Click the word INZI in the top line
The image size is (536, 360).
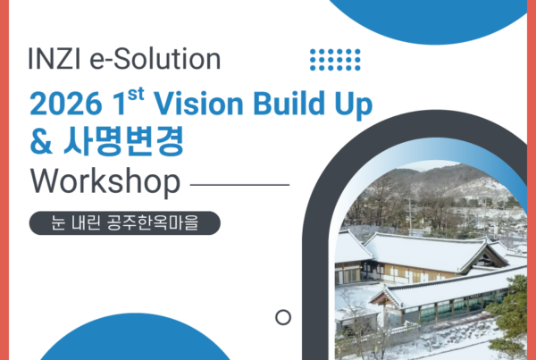(54, 59)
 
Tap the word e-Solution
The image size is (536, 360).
(155, 59)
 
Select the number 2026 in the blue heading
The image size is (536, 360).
(66, 104)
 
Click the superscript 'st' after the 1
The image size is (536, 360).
(136, 94)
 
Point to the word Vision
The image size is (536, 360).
(198, 103)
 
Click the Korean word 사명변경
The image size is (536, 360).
(123, 141)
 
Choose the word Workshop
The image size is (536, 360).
(105, 182)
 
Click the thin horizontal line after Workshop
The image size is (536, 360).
(239, 185)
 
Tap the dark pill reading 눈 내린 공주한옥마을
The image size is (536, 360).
(125, 223)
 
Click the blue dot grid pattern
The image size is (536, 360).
(335, 60)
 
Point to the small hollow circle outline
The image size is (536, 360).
(283, 311)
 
